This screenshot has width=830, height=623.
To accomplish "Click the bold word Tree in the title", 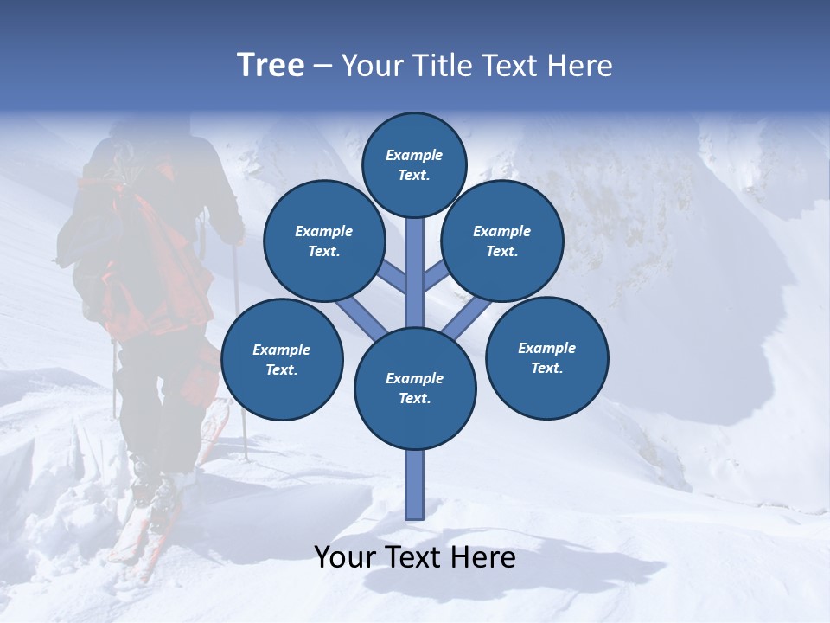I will tap(271, 65).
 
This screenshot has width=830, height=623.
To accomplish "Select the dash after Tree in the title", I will tap(323, 67).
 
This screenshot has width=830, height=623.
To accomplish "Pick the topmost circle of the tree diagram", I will tap(414, 164).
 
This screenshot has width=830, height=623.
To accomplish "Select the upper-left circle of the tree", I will tap(324, 241).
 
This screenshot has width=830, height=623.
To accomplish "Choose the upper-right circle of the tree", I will tap(502, 241).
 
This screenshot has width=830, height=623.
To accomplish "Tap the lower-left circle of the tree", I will tap(282, 359).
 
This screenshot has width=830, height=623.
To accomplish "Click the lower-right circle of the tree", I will tap(547, 357).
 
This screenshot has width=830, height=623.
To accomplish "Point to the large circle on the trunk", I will tap(415, 389).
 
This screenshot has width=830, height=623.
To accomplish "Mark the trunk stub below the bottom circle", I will tap(415, 485).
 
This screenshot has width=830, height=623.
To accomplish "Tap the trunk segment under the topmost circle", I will tap(415, 260).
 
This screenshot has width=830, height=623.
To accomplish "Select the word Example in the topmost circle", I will tap(414, 156).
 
